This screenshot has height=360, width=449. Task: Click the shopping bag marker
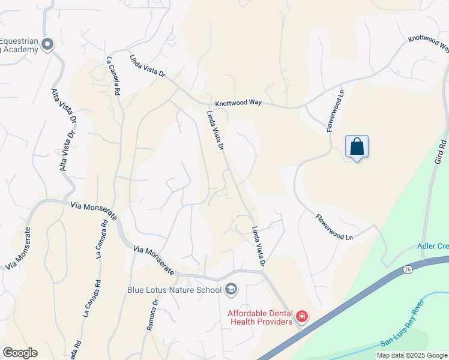[357, 146]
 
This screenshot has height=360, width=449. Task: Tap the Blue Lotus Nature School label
[174, 290]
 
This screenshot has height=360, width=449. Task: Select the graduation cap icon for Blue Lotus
[231, 290]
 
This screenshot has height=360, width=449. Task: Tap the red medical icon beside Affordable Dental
[301, 316]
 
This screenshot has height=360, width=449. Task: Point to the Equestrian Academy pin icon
[48, 44]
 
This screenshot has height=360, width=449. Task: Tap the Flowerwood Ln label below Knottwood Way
[336, 111]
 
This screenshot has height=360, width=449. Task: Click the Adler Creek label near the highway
[433, 247]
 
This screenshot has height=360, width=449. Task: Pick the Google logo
[20, 353]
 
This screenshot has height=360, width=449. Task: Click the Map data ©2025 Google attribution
[412, 355]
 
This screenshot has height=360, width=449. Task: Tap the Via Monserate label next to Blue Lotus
[154, 260]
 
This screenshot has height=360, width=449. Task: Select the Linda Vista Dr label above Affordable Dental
[259, 246]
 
